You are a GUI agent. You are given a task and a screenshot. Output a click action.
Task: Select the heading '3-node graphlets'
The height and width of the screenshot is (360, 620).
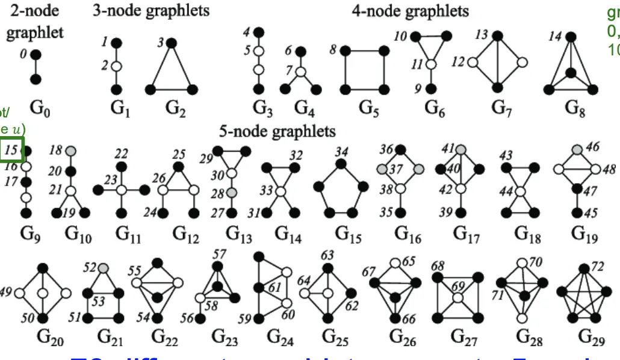(151, 10)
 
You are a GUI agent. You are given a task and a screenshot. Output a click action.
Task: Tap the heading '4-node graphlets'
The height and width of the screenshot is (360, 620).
(410, 10)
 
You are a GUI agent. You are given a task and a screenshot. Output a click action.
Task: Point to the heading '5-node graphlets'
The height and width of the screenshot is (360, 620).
(277, 131)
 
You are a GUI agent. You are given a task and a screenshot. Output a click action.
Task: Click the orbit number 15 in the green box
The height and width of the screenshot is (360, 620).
(12, 151)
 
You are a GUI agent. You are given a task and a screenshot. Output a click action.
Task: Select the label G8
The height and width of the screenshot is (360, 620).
(575, 108)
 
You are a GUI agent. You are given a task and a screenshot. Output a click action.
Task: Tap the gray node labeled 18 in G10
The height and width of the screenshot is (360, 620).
(70, 151)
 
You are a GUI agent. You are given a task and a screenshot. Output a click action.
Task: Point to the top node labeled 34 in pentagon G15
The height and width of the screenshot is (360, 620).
(341, 163)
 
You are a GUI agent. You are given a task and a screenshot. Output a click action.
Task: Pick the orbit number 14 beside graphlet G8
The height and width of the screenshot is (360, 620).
(554, 37)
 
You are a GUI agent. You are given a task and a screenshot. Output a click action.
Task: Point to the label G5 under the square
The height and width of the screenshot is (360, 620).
(368, 108)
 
